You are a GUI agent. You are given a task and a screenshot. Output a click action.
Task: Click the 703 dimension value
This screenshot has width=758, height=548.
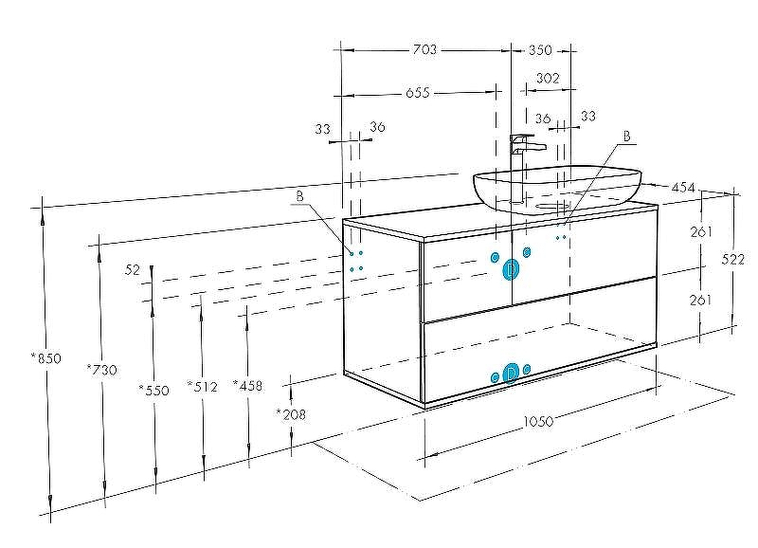[425, 50]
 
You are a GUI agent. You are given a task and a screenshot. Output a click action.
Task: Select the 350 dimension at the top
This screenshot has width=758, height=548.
[540, 50]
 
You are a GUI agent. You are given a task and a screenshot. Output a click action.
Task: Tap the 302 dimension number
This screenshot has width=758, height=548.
[547, 79]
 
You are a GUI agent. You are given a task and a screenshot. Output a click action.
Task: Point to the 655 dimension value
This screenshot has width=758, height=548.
[418, 93]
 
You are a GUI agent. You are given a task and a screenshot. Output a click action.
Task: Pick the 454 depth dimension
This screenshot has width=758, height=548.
[683, 188]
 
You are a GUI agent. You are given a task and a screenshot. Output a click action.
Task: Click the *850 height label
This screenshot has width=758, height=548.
[45, 358]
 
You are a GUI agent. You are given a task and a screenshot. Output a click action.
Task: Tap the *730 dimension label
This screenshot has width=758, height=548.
[100, 370]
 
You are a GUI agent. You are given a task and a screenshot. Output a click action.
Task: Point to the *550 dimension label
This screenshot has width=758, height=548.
[153, 390]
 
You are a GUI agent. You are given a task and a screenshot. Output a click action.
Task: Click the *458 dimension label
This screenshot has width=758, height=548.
[247, 385]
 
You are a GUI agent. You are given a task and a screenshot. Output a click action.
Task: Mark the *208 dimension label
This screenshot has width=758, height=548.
[290, 413]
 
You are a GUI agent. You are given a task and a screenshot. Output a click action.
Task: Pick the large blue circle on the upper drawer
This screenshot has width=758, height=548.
[511, 270]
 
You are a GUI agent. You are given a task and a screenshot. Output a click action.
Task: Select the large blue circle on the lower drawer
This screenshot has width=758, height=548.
[511, 374]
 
